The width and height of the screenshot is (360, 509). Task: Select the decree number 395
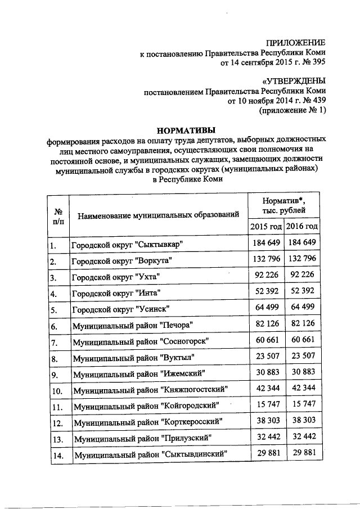coord(317,63)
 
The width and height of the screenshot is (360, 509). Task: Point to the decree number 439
coord(317,101)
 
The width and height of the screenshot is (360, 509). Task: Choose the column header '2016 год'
coord(302,226)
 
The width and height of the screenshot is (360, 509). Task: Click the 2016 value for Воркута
coord(302,260)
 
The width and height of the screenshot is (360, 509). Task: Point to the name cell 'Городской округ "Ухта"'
coord(115,278)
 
